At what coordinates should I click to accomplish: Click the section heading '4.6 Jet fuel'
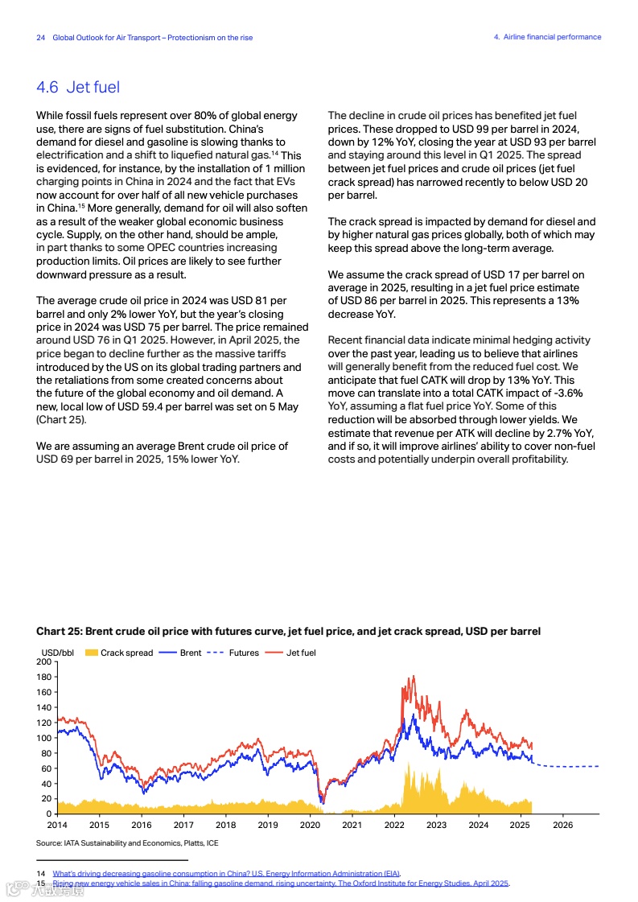pos(78,88)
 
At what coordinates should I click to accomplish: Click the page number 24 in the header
pos(41,38)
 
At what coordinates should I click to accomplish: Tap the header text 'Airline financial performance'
pos(552,37)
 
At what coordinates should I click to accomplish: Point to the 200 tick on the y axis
pos(44,661)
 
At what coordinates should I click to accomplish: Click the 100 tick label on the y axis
pos(44,738)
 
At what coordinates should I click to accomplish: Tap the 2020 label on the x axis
pos(310,826)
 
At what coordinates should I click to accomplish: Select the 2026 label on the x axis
pos(562,826)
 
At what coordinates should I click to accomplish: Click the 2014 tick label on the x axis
pos(57,826)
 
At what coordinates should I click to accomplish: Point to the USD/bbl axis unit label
pos(57,653)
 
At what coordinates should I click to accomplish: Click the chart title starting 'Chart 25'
pos(288,632)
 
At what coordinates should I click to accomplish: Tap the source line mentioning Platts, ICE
pos(127,843)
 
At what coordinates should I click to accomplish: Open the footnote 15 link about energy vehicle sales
pos(281,883)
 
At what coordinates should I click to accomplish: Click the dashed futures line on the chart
pos(571,766)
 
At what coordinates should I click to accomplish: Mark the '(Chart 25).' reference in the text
pos(60,420)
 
